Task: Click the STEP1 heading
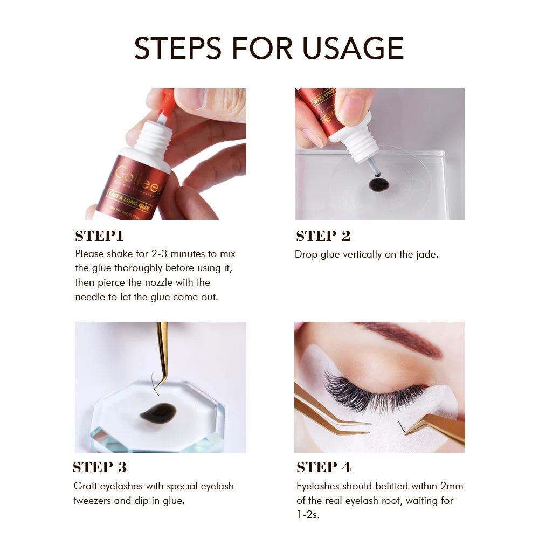pyautogui.click(x=99, y=236)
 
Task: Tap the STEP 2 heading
pyautogui.click(x=323, y=236)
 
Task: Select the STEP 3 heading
pyautogui.click(x=100, y=467)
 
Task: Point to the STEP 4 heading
pyautogui.click(x=323, y=467)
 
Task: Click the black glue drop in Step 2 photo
pyautogui.click(x=379, y=185)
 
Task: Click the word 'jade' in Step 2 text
pyautogui.click(x=426, y=254)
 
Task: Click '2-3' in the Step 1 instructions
pyautogui.click(x=161, y=253)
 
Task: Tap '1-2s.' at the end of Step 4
pyautogui.click(x=308, y=515)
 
